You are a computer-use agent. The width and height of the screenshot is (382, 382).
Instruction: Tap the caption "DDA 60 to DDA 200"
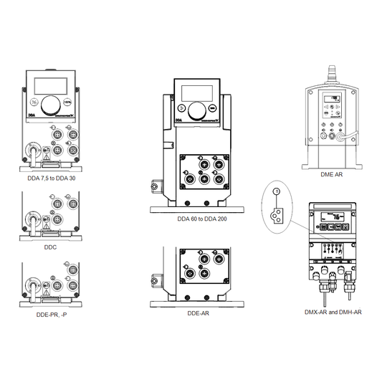(202, 218)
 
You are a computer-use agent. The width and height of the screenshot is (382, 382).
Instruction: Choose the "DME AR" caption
(332, 173)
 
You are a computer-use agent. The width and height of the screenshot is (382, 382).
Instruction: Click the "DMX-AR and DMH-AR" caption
(332, 312)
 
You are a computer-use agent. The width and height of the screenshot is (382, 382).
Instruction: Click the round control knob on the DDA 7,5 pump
(49, 105)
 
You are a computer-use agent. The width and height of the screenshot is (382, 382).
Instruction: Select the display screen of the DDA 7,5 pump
(49, 81)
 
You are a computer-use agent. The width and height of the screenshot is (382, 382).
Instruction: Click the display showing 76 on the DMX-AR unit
(331, 218)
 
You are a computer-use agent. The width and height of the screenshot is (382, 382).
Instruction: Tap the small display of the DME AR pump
(331, 100)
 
